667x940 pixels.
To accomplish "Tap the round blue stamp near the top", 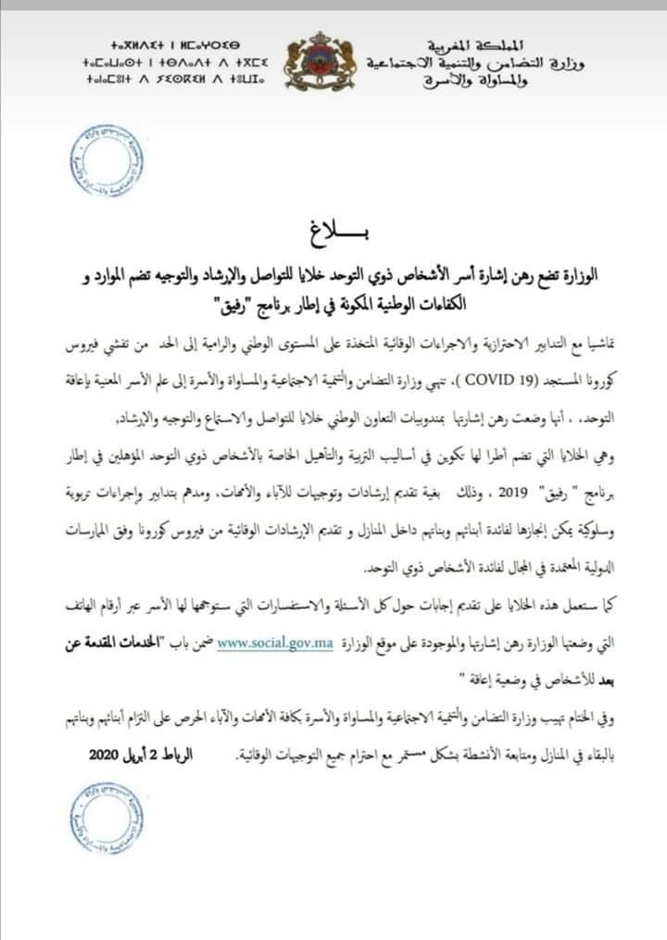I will [x=108, y=164].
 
